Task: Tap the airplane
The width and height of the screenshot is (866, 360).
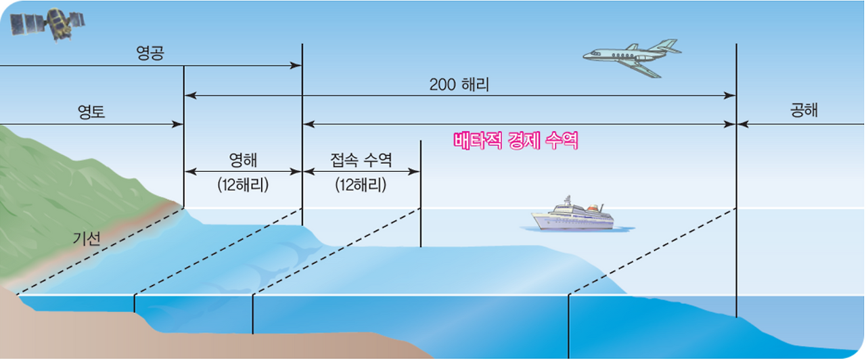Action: [x=630, y=56]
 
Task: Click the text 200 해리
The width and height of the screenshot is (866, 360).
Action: [x=459, y=85]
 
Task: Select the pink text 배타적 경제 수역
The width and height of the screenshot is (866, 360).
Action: [x=516, y=141]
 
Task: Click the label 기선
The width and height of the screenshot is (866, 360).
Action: [x=87, y=238]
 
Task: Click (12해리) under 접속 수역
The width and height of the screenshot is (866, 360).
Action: [x=361, y=184]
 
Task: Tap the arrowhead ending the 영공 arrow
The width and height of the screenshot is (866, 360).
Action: [x=297, y=66]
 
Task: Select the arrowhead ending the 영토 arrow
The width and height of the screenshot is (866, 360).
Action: [x=179, y=125]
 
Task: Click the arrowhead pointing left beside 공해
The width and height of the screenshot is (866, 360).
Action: [x=742, y=125]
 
